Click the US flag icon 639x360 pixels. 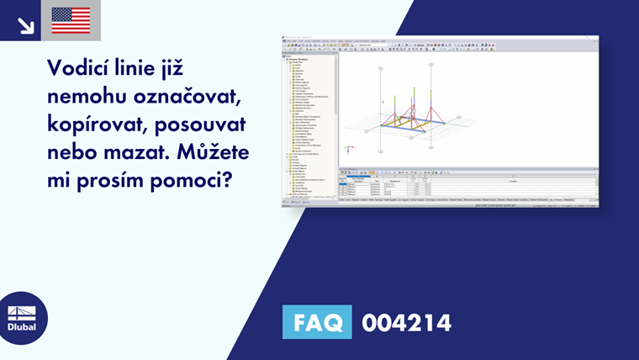(x=71, y=20)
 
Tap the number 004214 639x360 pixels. (x=406, y=322)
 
